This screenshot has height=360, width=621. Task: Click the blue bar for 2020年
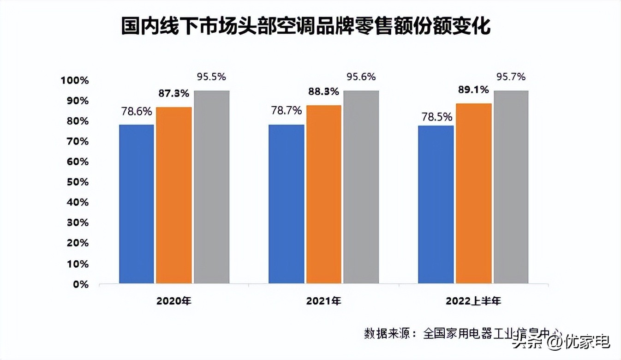click(137, 204)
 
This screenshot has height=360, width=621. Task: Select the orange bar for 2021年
click(324, 194)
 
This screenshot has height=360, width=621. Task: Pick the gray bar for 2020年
click(211, 186)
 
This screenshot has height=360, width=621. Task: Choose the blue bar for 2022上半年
click(436, 204)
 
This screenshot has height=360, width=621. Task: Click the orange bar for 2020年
click(174, 195)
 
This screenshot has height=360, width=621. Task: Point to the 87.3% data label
click(174, 93)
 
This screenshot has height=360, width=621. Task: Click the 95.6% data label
click(361, 77)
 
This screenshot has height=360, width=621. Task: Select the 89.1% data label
click(473, 90)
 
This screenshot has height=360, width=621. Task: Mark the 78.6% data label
click(137, 111)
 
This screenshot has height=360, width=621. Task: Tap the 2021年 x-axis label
click(323, 301)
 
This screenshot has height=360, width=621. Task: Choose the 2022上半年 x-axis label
click(473, 301)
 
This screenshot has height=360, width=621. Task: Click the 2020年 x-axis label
click(174, 301)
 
